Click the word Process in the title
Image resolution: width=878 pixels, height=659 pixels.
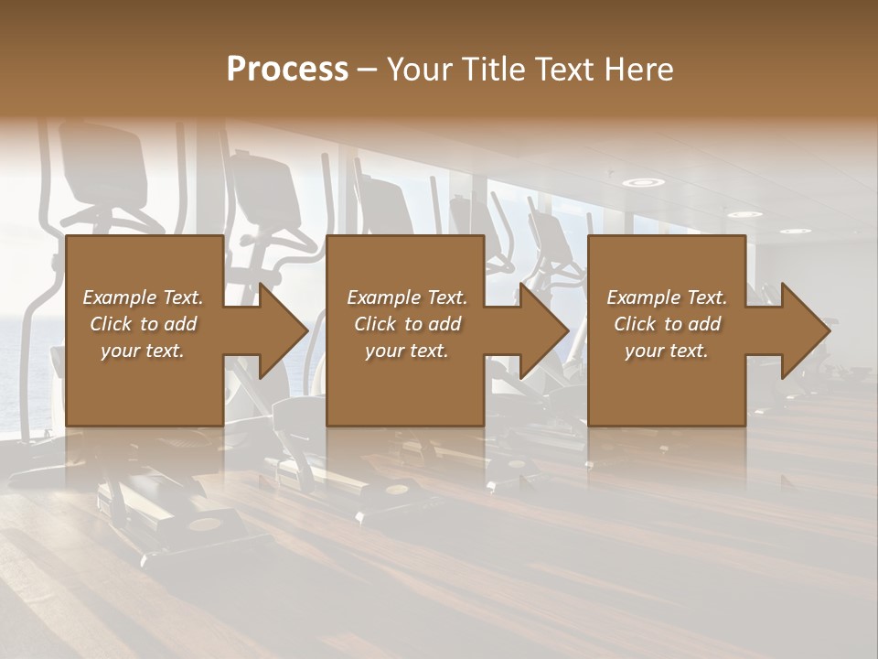tap(287, 70)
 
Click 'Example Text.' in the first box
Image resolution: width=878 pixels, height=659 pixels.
tap(143, 297)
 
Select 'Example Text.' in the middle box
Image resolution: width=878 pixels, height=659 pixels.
tap(406, 297)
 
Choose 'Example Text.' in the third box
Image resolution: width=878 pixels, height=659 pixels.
tap(667, 297)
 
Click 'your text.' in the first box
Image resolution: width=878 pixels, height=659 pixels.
tap(143, 351)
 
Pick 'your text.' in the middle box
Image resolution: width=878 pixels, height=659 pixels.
tap(406, 351)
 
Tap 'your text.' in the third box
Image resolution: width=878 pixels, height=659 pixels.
tap(667, 351)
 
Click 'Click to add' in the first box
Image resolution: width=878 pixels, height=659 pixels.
tap(143, 324)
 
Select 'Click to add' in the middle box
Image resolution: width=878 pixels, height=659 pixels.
tap(406, 324)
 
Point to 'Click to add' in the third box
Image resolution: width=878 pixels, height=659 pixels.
tap(667, 324)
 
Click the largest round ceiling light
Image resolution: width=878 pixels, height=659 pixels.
tap(644, 183)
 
